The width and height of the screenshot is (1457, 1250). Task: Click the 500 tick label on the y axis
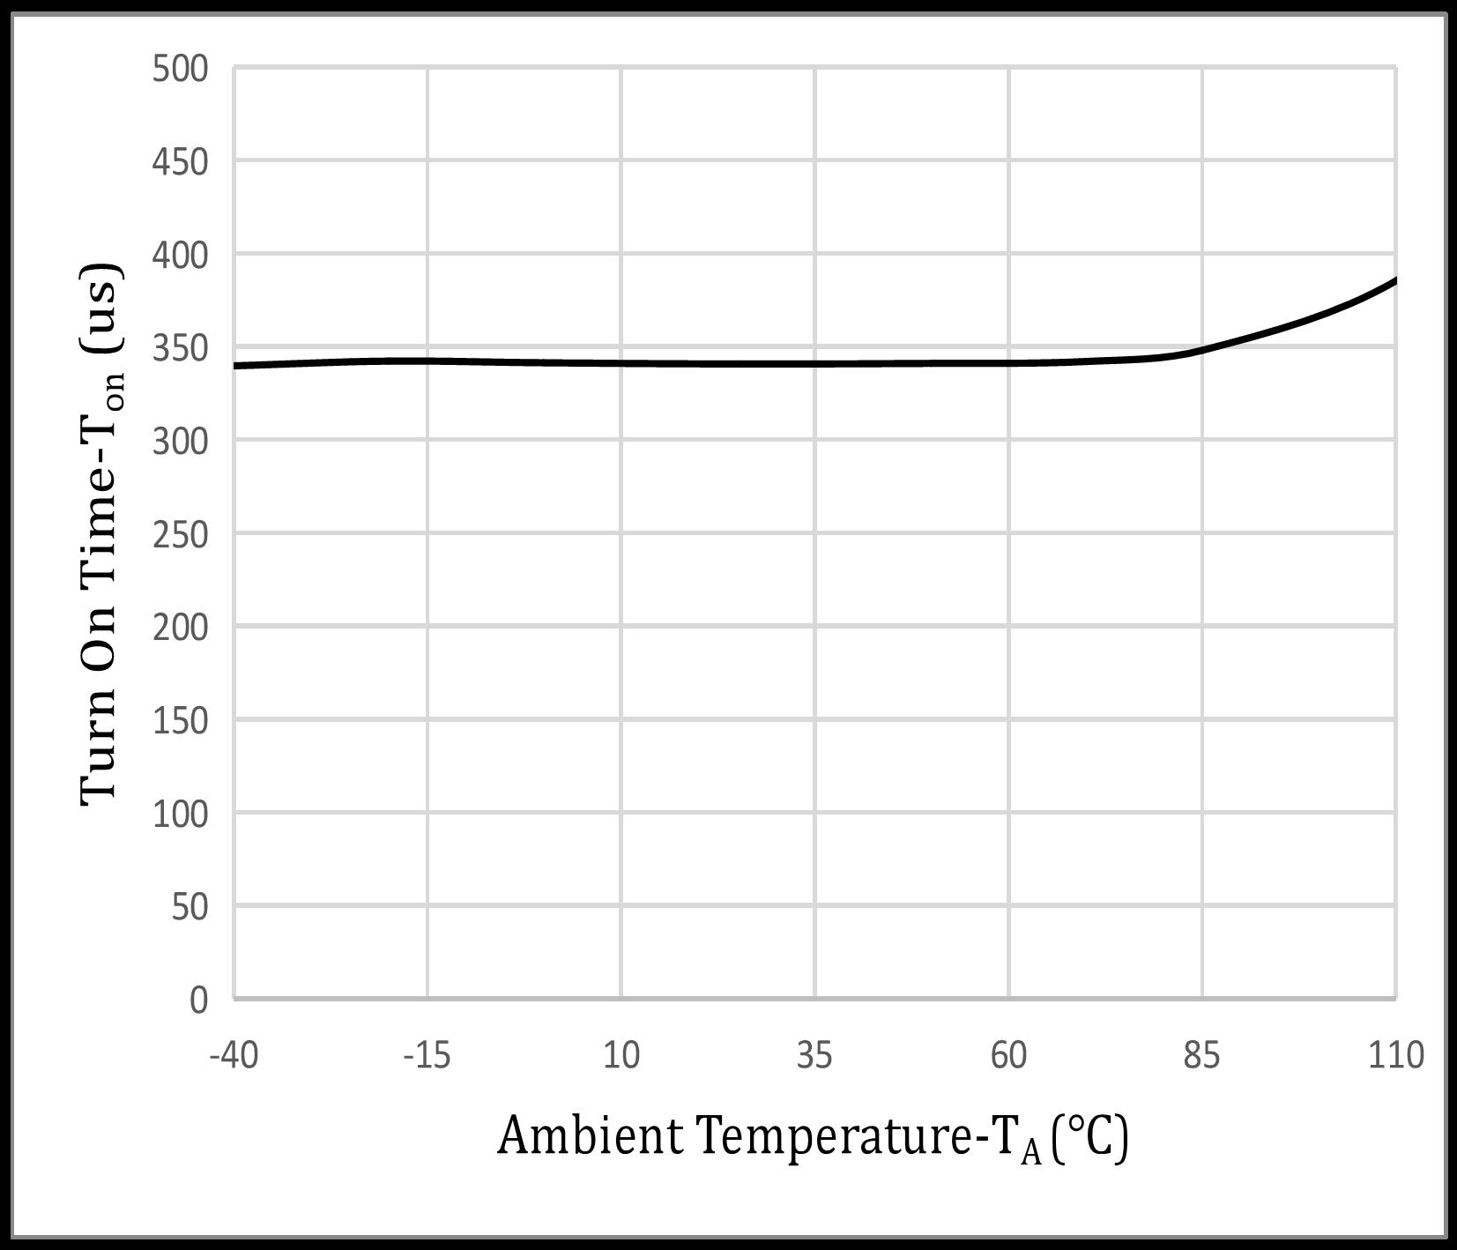(x=180, y=69)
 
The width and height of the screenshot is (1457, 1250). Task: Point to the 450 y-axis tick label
(x=180, y=162)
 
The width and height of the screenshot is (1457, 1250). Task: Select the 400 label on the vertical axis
(x=180, y=256)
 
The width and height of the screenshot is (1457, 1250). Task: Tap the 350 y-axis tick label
(x=180, y=349)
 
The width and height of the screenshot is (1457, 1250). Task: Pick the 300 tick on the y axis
(x=180, y=442)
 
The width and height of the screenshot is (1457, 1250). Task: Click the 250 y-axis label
(x=180, y=535)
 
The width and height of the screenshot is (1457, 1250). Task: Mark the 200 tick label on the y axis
(x=180, y=628)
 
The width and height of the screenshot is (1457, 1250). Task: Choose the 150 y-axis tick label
(x=180, y=721)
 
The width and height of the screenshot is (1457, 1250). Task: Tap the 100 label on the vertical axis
(x=180, y=814)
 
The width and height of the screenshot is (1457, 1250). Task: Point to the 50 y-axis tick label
(x=190, y=907)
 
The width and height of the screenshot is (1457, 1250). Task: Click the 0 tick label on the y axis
(x=198, y=1000)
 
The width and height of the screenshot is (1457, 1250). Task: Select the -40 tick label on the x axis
(x=234, y=1055)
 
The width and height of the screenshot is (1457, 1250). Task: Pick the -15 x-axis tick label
(x=427, y=1055)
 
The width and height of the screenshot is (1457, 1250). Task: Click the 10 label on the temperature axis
(x=621, y=1055)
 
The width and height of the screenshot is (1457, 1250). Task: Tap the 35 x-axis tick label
(x=814, y=1055)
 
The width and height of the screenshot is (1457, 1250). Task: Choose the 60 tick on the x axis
(x=1008, y=1055)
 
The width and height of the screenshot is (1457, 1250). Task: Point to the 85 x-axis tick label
(x=1201, y=1055)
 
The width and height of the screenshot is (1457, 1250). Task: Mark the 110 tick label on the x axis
(x=1395, y=1055)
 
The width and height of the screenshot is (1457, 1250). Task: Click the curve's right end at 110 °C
(x=1394, y=281)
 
